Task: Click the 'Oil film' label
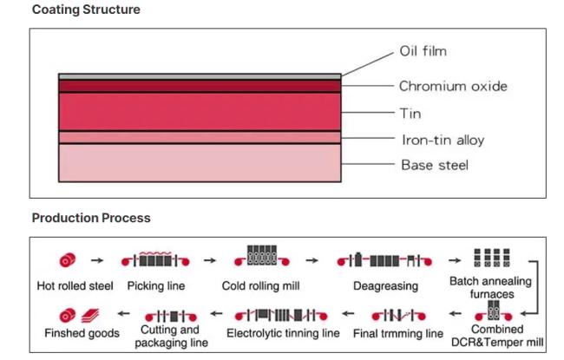pyautogui.click(x=423, y=51)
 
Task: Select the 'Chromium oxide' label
pyautogui.click(x=453, y=86)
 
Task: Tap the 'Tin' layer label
pyautogui.click(x=410, y=114)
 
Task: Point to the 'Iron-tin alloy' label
pyautogui.click(x=443, y=140)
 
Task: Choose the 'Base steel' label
pyautogui.click(x=435, y=165)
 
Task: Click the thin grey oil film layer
pyautogui.click(x=200, y=76)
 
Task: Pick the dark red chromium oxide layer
pyautogui.click(x=200, y=87)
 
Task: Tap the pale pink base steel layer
pyautogui.click(x=200, y=163)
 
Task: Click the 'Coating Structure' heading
pyautogui.click(x=86, y=10)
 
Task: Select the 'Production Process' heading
pyautogui.click(x=91, y=218)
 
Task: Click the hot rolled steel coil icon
pyautogui.click(x=68, y=260)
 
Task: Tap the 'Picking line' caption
pyautogui.click(x=156, y=286)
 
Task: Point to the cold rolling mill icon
pyautogui.click(x=261, y=256)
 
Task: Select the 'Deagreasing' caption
pyautogui.click(x=385, y=286)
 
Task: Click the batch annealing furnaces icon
pyautogui.click(x=492, y=258)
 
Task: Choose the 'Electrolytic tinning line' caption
pyautogui.click(x=283, y=333)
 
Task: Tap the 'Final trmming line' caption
pyautogui.click(x=398, y=333)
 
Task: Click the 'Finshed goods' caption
pyautogui.click(x=82, y=333)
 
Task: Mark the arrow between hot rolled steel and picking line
pyautogui.click(x=97, y=260)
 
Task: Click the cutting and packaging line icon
pyautogui.click(x=171, y=316)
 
